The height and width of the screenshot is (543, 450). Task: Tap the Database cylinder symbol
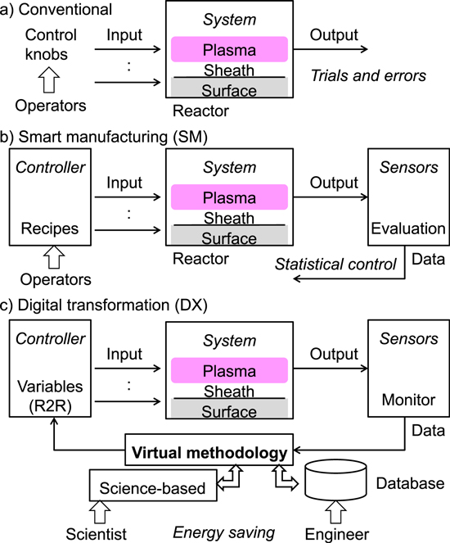335,483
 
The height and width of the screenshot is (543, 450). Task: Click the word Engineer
338,533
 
